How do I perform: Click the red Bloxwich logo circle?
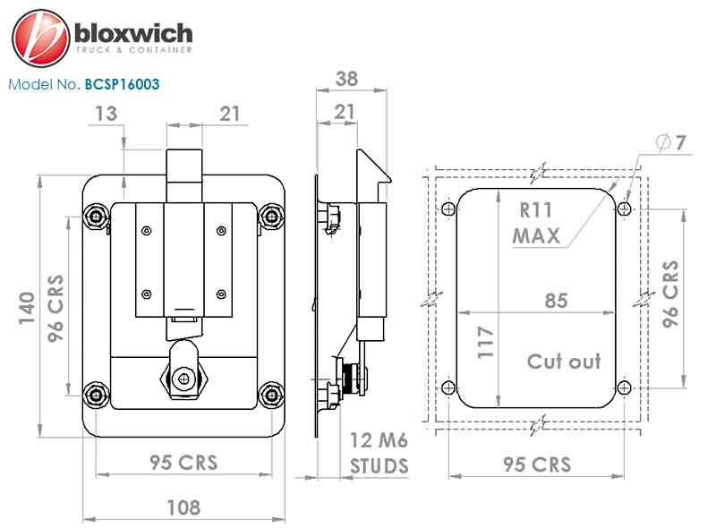(x=40, y=38)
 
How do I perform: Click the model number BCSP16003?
(x=122, y=84)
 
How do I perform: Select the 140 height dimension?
(x=27, y=309)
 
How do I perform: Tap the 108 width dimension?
(x=183, y=507)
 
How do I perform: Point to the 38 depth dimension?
(x=346, y=79)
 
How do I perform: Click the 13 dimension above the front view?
(x=106, y=114)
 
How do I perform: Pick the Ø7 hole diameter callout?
(x=670, y=142)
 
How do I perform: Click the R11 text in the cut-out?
(x=535, y=210)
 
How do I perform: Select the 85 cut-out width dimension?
(x=556, y=301)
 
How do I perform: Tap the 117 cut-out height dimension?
(x=485, y=342)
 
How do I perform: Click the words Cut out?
(x=564, y=362)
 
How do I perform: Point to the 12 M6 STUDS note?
(x=379, y=453)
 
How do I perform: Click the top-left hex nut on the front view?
(x=96, y=216)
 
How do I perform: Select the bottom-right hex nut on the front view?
(x=271, y=394)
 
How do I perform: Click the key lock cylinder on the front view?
(x=183, y=379)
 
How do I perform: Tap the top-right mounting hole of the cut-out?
(x=624, y=209)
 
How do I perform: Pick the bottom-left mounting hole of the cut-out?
(x=448, y=388)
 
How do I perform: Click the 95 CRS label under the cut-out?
(x=537, y=464)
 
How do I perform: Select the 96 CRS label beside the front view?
(x=55, y=309)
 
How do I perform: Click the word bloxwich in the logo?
(x=133, y=34)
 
